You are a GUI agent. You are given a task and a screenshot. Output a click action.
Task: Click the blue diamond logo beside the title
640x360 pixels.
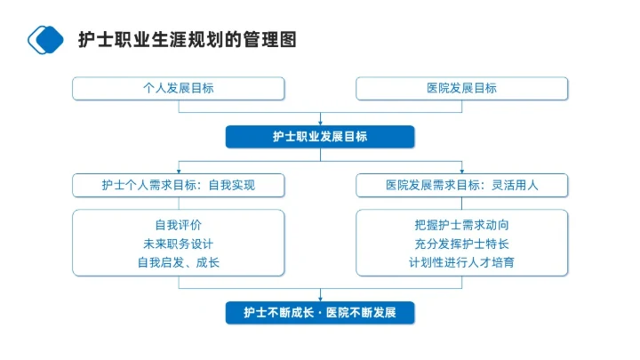[x=47, y=39]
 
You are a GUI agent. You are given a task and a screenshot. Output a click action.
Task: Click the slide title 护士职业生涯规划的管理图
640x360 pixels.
[x=186, y=40]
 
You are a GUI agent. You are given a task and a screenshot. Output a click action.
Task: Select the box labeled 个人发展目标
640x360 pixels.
[x=178, y=88]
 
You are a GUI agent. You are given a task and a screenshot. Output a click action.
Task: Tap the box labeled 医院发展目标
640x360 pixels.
[x=461, y=88]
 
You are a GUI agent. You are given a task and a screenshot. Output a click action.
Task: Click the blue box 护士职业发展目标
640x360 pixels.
[x=320, y=136]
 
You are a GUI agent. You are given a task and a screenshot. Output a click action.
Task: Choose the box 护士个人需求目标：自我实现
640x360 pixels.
[x=178, y=185]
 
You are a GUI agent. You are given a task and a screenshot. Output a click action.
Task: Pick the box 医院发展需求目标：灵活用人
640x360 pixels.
[x=461, y=185]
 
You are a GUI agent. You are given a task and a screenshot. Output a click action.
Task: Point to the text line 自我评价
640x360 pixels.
[x=178, y=225]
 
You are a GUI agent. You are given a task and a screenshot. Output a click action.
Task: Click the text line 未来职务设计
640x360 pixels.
[x=178, y=244]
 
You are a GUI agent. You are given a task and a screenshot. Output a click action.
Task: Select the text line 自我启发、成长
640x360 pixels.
[x=178, y=262]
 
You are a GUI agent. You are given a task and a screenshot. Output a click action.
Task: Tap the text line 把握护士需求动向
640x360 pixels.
[x=461, y=225]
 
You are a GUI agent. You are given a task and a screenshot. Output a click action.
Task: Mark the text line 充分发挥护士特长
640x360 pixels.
[x=461, y=244]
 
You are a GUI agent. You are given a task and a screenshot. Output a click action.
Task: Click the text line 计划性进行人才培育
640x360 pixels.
[x=461, y=262]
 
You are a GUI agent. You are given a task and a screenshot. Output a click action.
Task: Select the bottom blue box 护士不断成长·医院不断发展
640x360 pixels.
[x=320, y=313]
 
